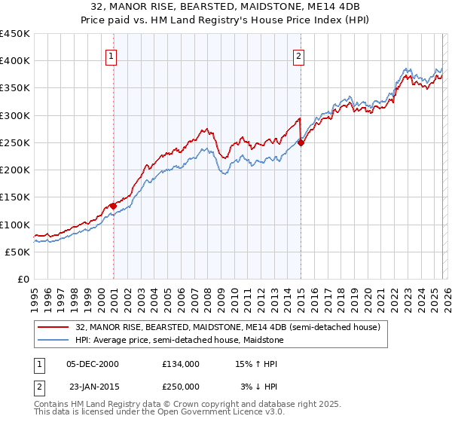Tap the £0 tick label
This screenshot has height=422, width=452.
pyautogui.click(x=24, y=280)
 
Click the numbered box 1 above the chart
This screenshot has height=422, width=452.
pyautogui.click(x=111, y=55)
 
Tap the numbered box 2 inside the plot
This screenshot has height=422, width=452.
pyautogui.click(x=299, y=55)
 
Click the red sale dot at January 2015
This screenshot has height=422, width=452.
pyautogui.click(x=301, y=142)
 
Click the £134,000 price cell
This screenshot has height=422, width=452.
pyautogui.click(x=181, y=363)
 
